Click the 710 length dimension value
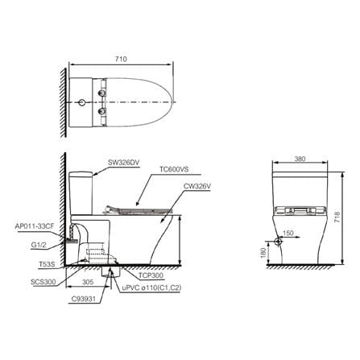[121, 59]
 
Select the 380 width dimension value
[300, 159]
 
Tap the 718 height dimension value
[337, 217]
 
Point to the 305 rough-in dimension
[88, 282]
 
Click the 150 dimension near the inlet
[288, 233]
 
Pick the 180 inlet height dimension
[263, 253]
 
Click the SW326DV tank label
[123, 163]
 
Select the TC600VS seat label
[174, 169]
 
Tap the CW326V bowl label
[197, 186]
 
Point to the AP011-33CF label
[35, 226]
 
